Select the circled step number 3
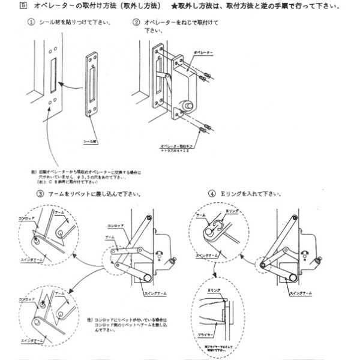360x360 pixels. pyautogui.click(x=40, y=194)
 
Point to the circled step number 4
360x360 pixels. pyautogui.click(x=212, y=194)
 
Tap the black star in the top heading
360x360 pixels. pyautogui.click(x=173, y=6)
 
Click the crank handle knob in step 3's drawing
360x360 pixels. pyautogui.click(x=174, y=260)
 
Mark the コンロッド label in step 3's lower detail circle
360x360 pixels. pyautogui.click(x=28, y=298)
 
